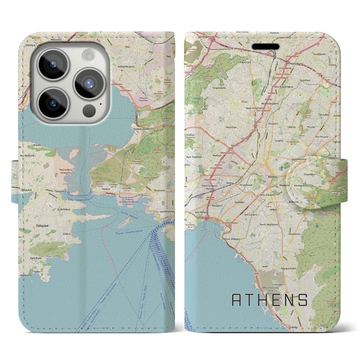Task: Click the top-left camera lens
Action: tap(53, 64)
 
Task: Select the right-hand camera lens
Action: tap(89, 84)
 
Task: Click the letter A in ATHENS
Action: tap(237, 300)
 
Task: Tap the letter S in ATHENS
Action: tap(303, 300)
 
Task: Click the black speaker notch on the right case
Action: tap(265, 46)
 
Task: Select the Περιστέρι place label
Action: tap(231, 127)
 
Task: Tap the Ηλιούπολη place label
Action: tap(294, 234)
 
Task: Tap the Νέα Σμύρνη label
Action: tap(249, 214)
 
